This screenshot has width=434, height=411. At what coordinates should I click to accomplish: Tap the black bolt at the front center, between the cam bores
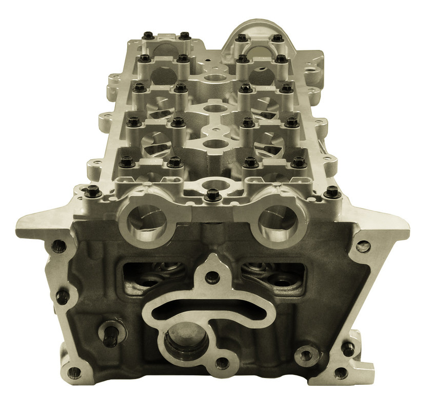tap(212, 196)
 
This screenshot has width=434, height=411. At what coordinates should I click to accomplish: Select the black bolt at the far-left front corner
tap(93, 192)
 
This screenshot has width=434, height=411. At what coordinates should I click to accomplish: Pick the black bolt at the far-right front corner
tap(332, 193)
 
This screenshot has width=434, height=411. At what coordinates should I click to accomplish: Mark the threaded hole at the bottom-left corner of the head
tap(74, 371)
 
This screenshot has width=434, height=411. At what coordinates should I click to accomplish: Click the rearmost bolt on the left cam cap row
tap(148, 36)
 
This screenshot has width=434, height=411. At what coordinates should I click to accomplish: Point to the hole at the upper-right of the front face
tap(363, 246)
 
